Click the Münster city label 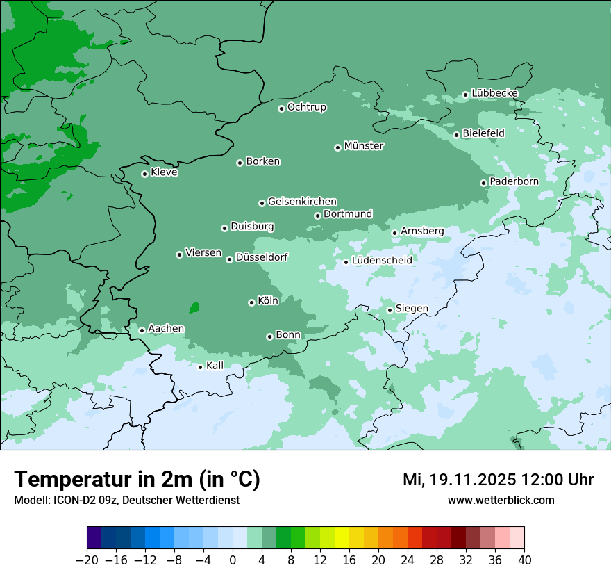[x=364, y=146]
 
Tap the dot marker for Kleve [x=144, y=174]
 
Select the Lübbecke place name [x=494, y=93]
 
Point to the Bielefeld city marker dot [x=456, y=135]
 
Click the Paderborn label [x=514, y=181]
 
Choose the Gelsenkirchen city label [x=302, y=202]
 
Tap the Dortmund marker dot [x=317, y=216]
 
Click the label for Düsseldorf [x=262, y=257]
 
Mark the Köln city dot [x=251, y=302]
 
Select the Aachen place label [x=166, y=329]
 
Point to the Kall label [x=215, y=365]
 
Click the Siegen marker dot [x=390, y=310]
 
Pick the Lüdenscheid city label [x=382, y=261]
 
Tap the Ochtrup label [x=306, y=107]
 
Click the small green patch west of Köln [x=194, y=307]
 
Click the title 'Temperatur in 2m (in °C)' [x=137, y=480]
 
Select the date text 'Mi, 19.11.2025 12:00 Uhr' [x=498, y=480]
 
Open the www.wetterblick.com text [x=501, y=500]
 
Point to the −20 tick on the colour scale [x=87, y=560]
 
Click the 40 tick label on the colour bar [x=524, y=560]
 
